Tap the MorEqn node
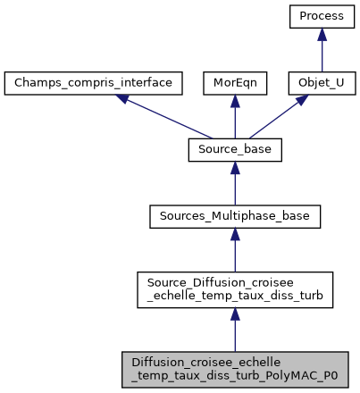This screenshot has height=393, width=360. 234,84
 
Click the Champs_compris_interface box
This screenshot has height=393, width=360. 94,84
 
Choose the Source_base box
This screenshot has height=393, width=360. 235,150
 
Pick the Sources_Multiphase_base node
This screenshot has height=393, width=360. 235,216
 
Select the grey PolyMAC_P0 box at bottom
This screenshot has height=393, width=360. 235,368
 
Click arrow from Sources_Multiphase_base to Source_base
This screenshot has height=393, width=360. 235,184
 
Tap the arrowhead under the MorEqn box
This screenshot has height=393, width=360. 234,102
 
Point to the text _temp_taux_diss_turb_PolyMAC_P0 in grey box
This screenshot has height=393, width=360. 235,375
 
